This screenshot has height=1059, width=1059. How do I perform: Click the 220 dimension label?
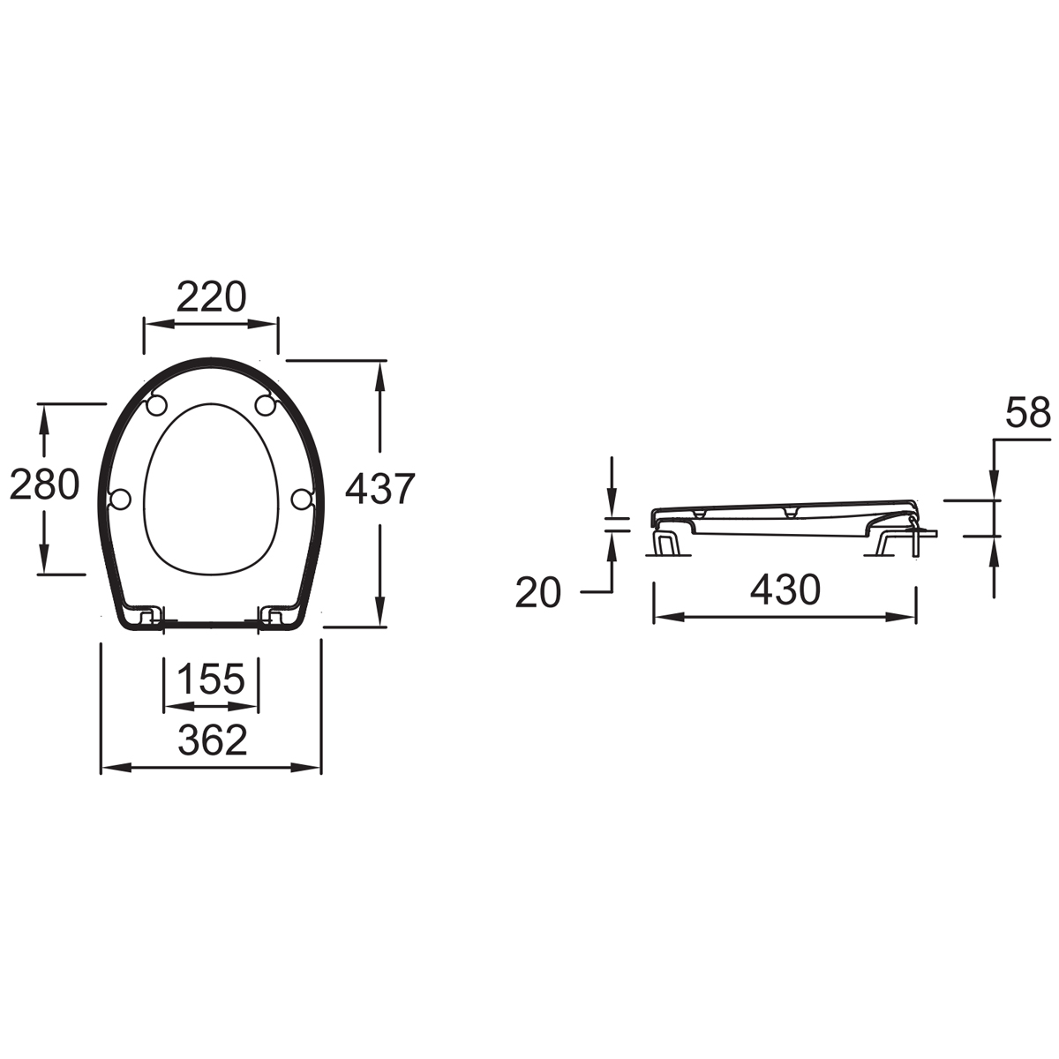[x=211, y=297]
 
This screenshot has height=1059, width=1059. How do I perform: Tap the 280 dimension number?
[x=45, y=484]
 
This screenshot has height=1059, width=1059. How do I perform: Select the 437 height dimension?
[x=379, y=489]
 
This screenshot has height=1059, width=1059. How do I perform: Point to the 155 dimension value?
[x=212, y=679]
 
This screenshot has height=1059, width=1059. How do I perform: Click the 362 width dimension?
[x=212, y=740]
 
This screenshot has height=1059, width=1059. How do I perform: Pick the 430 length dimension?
[x=785, y=590]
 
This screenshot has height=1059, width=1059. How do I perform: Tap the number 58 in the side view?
[x=1028, y=412]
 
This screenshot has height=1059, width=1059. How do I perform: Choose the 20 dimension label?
[x=538, y=593]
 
